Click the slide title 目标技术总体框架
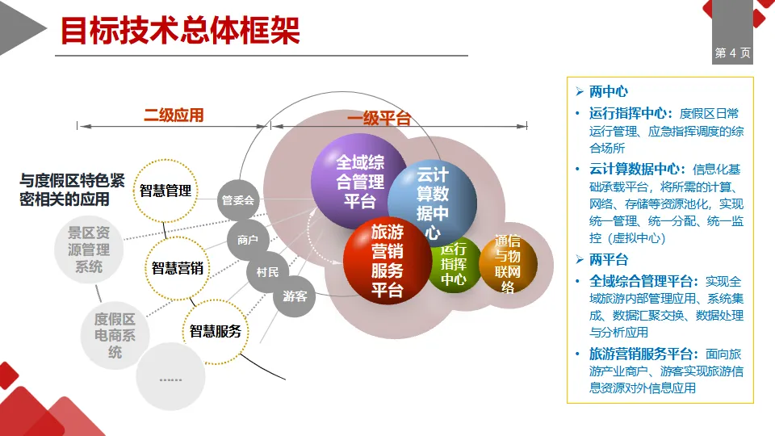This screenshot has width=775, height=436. pos(180,31)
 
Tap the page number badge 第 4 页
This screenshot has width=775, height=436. pos(732,53)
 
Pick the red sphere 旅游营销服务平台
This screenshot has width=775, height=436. pos(386,261)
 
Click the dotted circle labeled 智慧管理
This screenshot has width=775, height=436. pos(165,191)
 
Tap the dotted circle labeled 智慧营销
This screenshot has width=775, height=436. pos(178,268)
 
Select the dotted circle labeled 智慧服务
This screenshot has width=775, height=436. pos(215,331)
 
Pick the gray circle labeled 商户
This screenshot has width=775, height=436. pos(247,240)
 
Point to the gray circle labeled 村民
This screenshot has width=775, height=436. pos(267,272)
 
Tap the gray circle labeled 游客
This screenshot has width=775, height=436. pos(295,296)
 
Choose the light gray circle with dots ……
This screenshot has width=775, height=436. pos(170,377)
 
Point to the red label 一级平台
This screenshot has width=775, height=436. pos(379,119)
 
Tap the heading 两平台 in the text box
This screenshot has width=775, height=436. pos(608,260)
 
